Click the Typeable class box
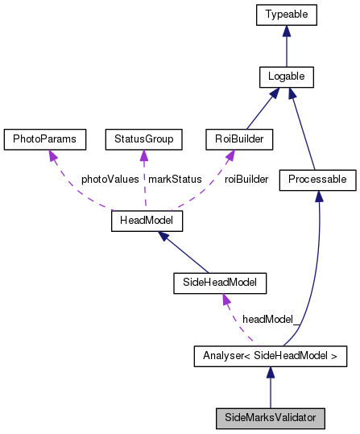click(x=286, y=14)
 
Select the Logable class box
click(x=286, y=77)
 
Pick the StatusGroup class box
click(x=143, y=139)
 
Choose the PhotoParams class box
click(x=44, y=139)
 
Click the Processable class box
click(x=317, y=180)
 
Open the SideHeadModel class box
click(x=220, y=283)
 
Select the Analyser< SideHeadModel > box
click(x=270, y=356)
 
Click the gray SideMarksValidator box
click(x=270, y=418)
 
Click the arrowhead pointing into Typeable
click(x=286, y=31)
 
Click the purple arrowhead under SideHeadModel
click(x=226, y=300)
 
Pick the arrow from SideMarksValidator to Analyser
click(x=270, y=387)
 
